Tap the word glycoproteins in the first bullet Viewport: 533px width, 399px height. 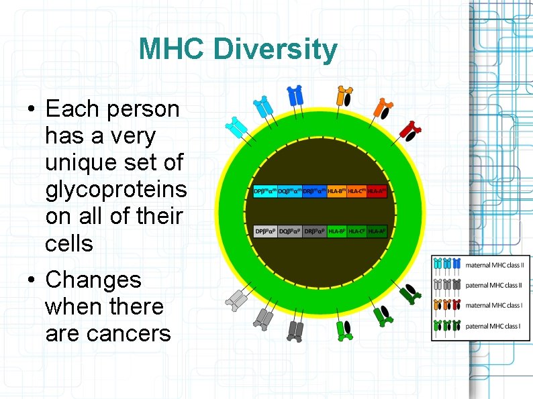115,190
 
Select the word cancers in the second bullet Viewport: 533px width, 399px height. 107,333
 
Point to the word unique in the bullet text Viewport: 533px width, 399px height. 81,163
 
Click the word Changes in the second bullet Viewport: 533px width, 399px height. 93,280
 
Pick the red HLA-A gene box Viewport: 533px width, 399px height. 377,191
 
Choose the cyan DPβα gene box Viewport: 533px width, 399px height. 265,191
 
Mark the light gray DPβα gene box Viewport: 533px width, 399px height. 265,231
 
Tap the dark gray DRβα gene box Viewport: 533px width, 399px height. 314,231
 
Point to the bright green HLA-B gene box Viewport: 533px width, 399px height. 336,231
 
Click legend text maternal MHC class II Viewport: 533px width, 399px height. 493,266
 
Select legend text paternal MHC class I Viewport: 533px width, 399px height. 493,327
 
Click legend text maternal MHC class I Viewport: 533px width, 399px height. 493,306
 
